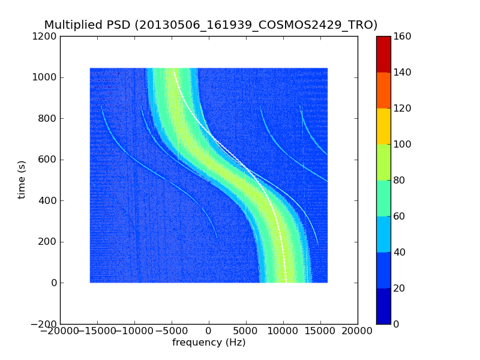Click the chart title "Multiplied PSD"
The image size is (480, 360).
88,25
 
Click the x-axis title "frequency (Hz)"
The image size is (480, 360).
209,343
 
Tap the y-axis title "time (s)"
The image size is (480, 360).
22,179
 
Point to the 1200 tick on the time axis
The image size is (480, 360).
45,37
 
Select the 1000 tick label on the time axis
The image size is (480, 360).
45,77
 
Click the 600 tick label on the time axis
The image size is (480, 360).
47,160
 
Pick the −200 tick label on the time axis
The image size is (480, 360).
43,324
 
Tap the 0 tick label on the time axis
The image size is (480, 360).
53,283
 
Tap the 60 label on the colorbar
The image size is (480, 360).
397,217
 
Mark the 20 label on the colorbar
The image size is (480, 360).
397,289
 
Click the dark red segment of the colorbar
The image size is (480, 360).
383,54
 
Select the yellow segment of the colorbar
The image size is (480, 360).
383,126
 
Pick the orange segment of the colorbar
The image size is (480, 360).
383,90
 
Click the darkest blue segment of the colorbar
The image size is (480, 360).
383,306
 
